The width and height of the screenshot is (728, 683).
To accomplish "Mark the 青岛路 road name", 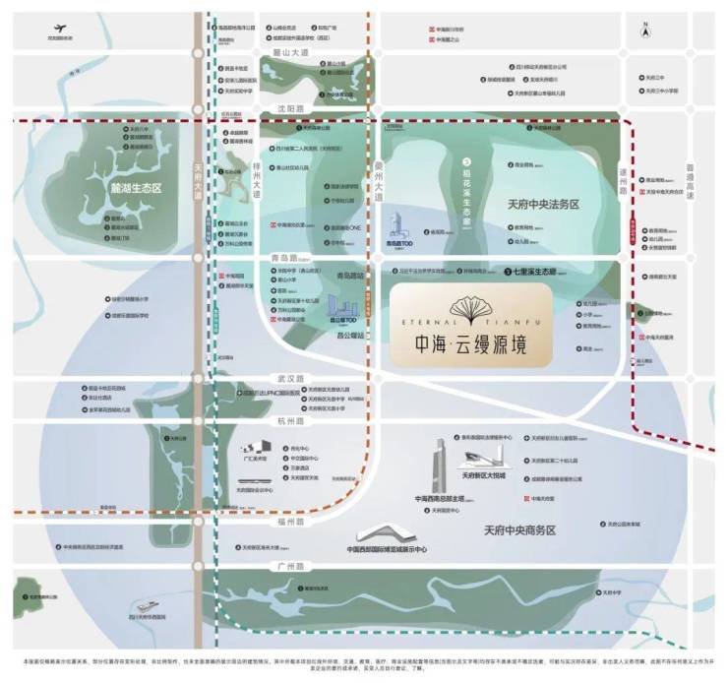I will coord(283,258).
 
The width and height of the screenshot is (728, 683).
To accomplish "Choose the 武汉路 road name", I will coord(283,379).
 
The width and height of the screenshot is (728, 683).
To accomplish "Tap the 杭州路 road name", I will coord(283,419).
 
